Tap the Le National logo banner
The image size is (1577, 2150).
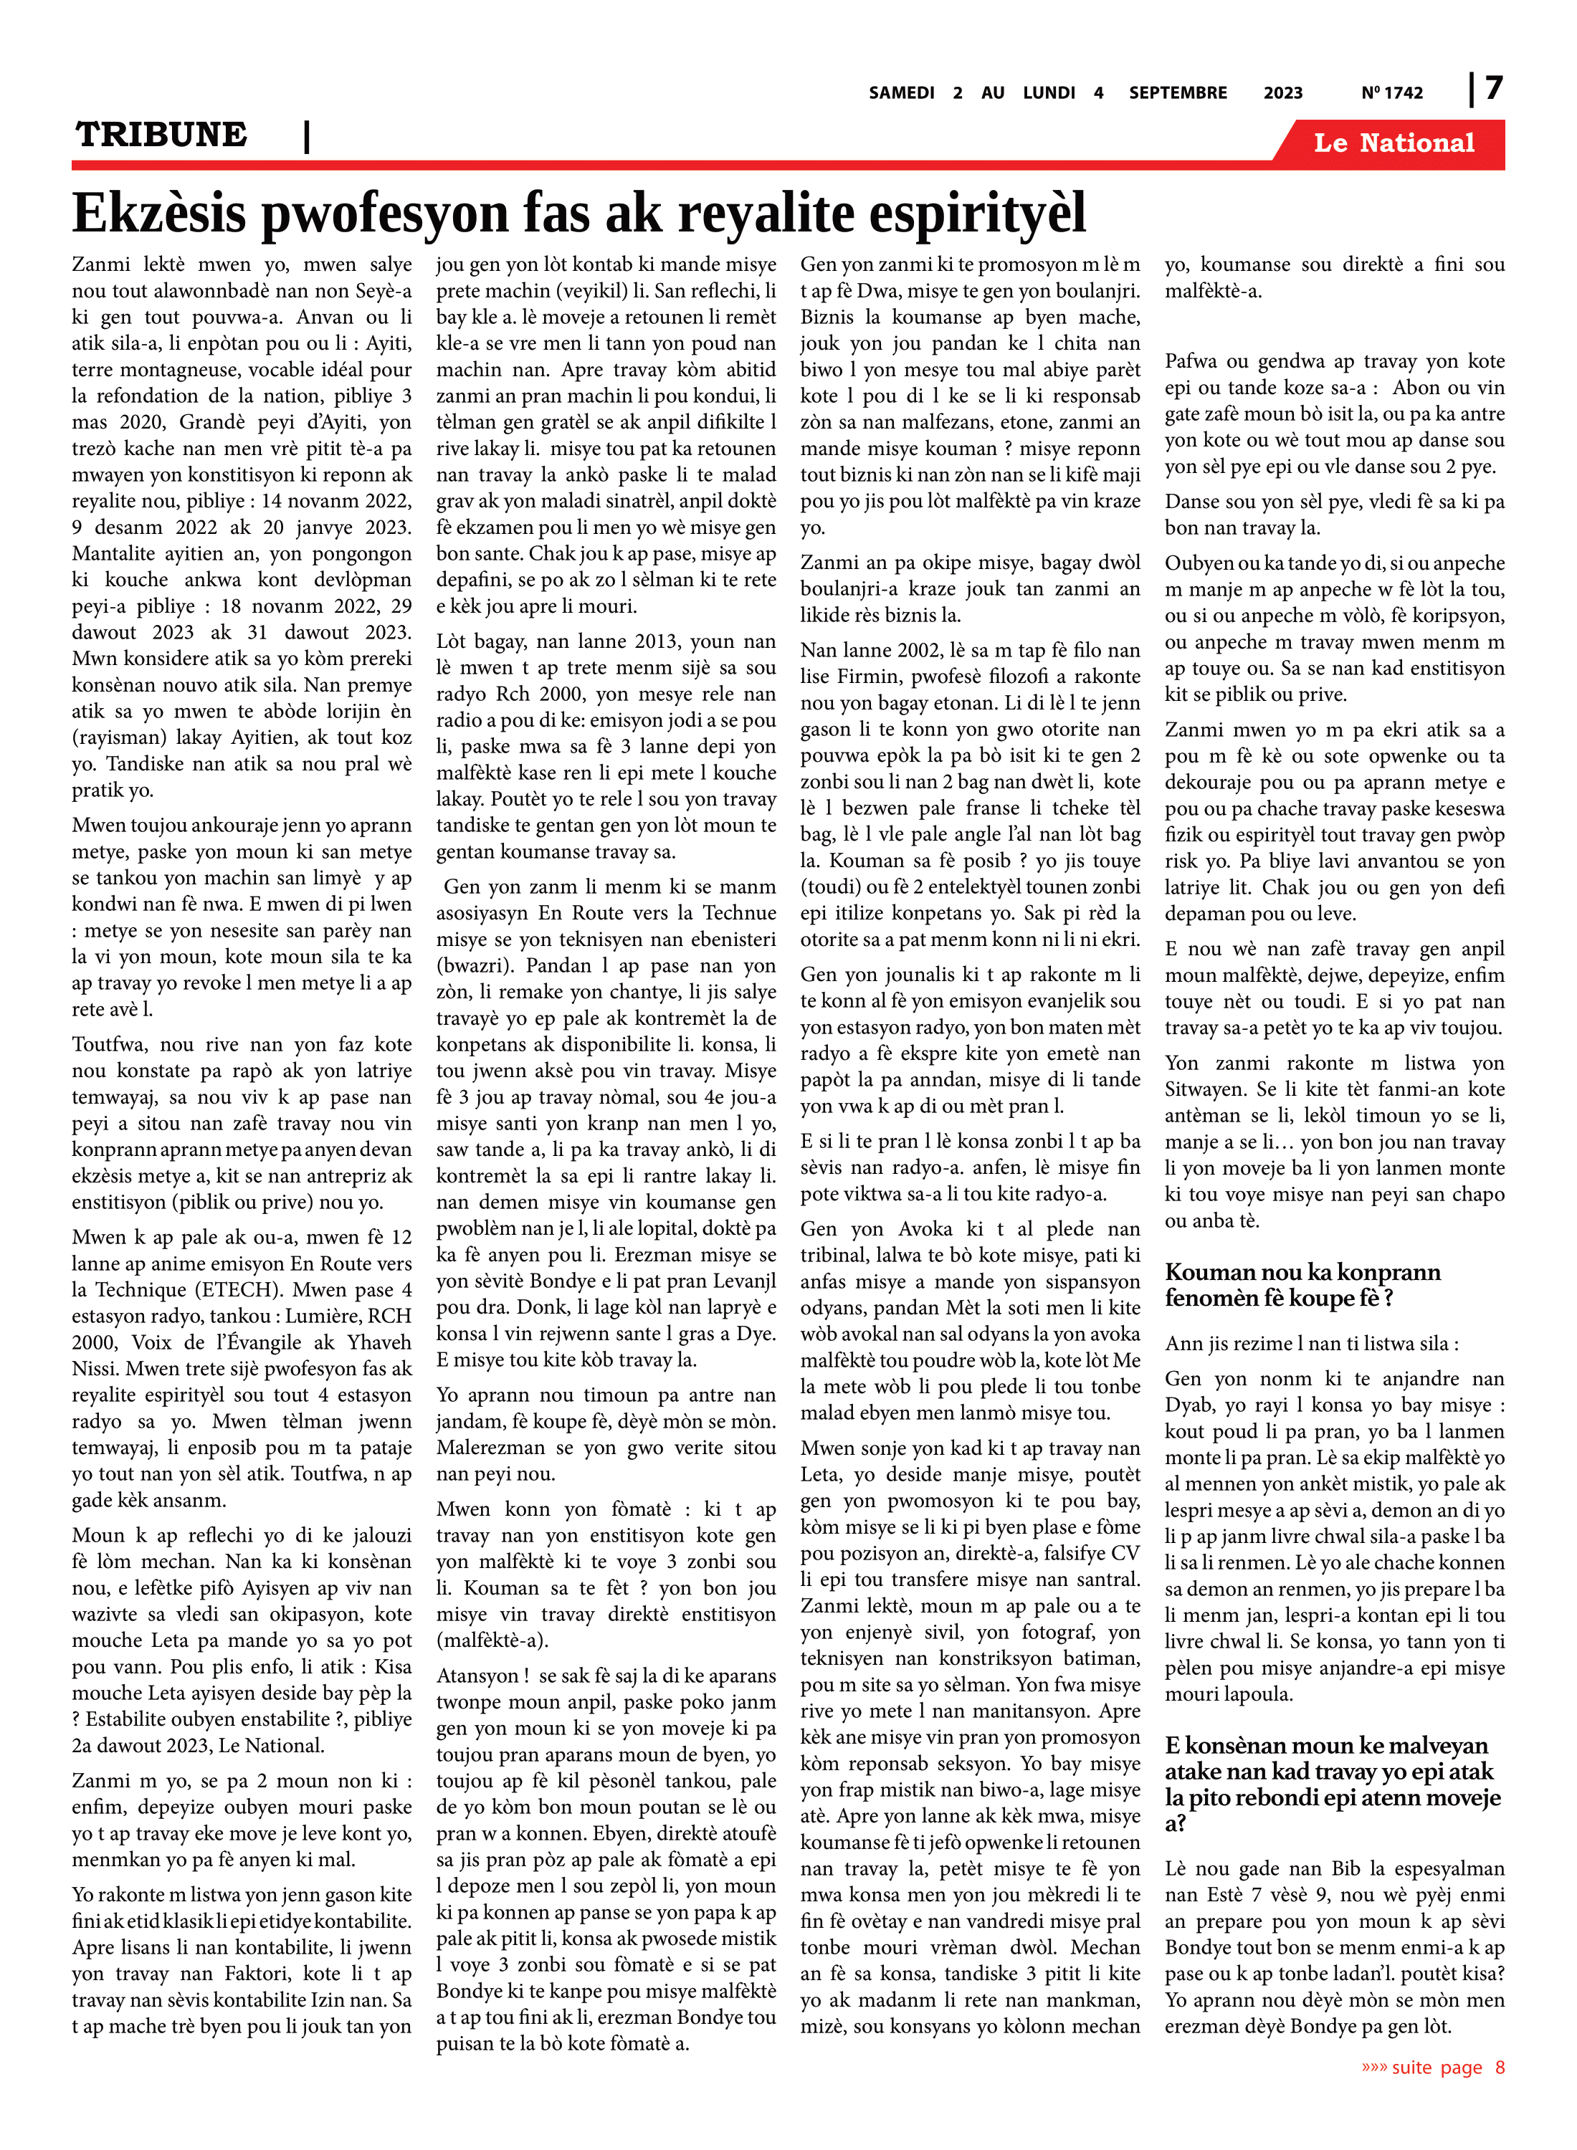(1393, 143)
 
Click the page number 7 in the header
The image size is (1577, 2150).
(1494, 89)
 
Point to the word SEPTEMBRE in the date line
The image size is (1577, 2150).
(1177, 92)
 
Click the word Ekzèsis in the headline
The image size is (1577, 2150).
(158, 213)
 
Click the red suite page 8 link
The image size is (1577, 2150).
(1432, 2067)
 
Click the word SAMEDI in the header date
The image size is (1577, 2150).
(901, 92)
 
